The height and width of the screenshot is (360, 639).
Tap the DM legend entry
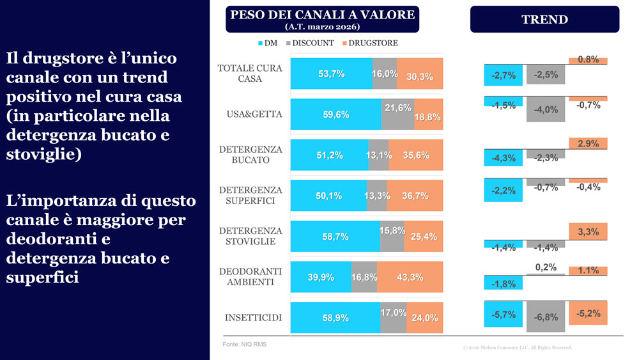click(267, 43)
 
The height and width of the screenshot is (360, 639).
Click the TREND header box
click(544, 19)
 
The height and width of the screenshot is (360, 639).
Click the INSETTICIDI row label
click(253, 318)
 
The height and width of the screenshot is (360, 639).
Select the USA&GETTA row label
click(254, 114)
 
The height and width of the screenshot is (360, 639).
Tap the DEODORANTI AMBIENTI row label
click(250, 277)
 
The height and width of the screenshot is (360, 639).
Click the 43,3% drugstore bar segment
click(410, 277)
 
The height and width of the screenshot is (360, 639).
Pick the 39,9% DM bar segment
click(321, 277)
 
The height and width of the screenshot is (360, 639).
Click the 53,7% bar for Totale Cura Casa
click(331, 74)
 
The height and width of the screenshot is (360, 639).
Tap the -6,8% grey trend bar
click(545, 317)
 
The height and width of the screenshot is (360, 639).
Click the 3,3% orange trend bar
click(588, 231)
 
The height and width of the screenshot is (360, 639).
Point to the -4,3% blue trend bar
click(504, 157)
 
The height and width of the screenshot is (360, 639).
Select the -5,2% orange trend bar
click(588, 313)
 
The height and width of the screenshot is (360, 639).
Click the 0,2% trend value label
click(545, 267)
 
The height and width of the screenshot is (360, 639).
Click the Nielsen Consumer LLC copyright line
click(517, 348)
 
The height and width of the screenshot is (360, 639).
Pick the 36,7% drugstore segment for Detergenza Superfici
click(415, 196)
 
